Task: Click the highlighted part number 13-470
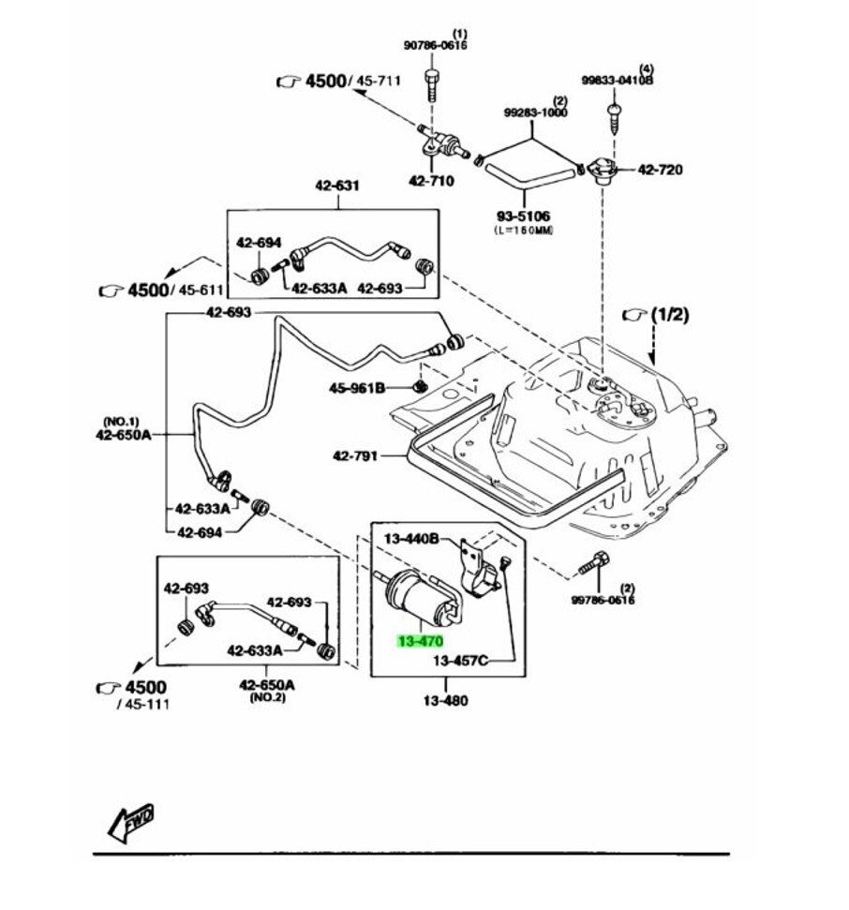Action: (419, 641)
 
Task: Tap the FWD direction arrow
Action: (130, 820)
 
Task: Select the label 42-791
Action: (355, 456)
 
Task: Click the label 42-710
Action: (430, 181)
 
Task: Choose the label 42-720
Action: (660, 170)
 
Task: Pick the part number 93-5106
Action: (523, 216)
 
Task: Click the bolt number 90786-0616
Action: (435, 45)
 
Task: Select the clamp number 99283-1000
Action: (535, 112)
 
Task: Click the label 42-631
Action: (336, 186)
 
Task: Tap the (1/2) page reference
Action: (668, 314)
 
